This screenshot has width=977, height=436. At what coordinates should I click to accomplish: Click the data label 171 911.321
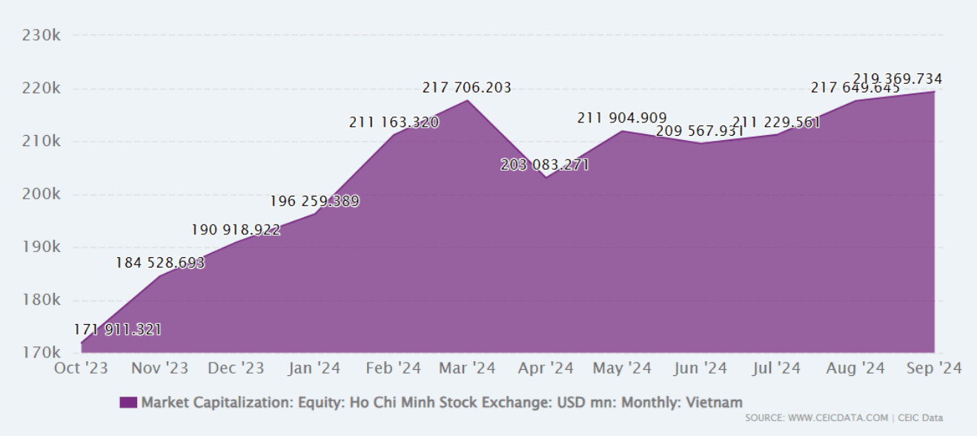coord(117,329)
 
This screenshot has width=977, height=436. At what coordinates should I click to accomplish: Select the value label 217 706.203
coord(467,88)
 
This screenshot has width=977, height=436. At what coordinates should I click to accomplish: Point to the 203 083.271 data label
coord(545,165)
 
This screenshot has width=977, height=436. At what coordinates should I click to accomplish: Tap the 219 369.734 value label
coord(898,79)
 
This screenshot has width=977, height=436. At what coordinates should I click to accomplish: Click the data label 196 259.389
coord(314,201)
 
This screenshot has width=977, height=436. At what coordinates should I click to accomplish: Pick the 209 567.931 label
coord(699,131)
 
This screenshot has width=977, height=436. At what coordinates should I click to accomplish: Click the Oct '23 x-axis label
coord(82,368)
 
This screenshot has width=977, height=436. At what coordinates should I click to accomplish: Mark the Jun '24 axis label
coord(701,368)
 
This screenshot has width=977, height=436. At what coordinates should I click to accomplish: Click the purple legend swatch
coord(128,403)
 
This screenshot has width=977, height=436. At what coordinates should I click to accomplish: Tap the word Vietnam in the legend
coord(714,403)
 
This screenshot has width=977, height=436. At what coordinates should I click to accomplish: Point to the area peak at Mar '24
coord(467,100)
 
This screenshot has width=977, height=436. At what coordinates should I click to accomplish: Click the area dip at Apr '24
coord(546,177)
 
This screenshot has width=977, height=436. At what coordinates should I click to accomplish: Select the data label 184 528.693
coord(160,262)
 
